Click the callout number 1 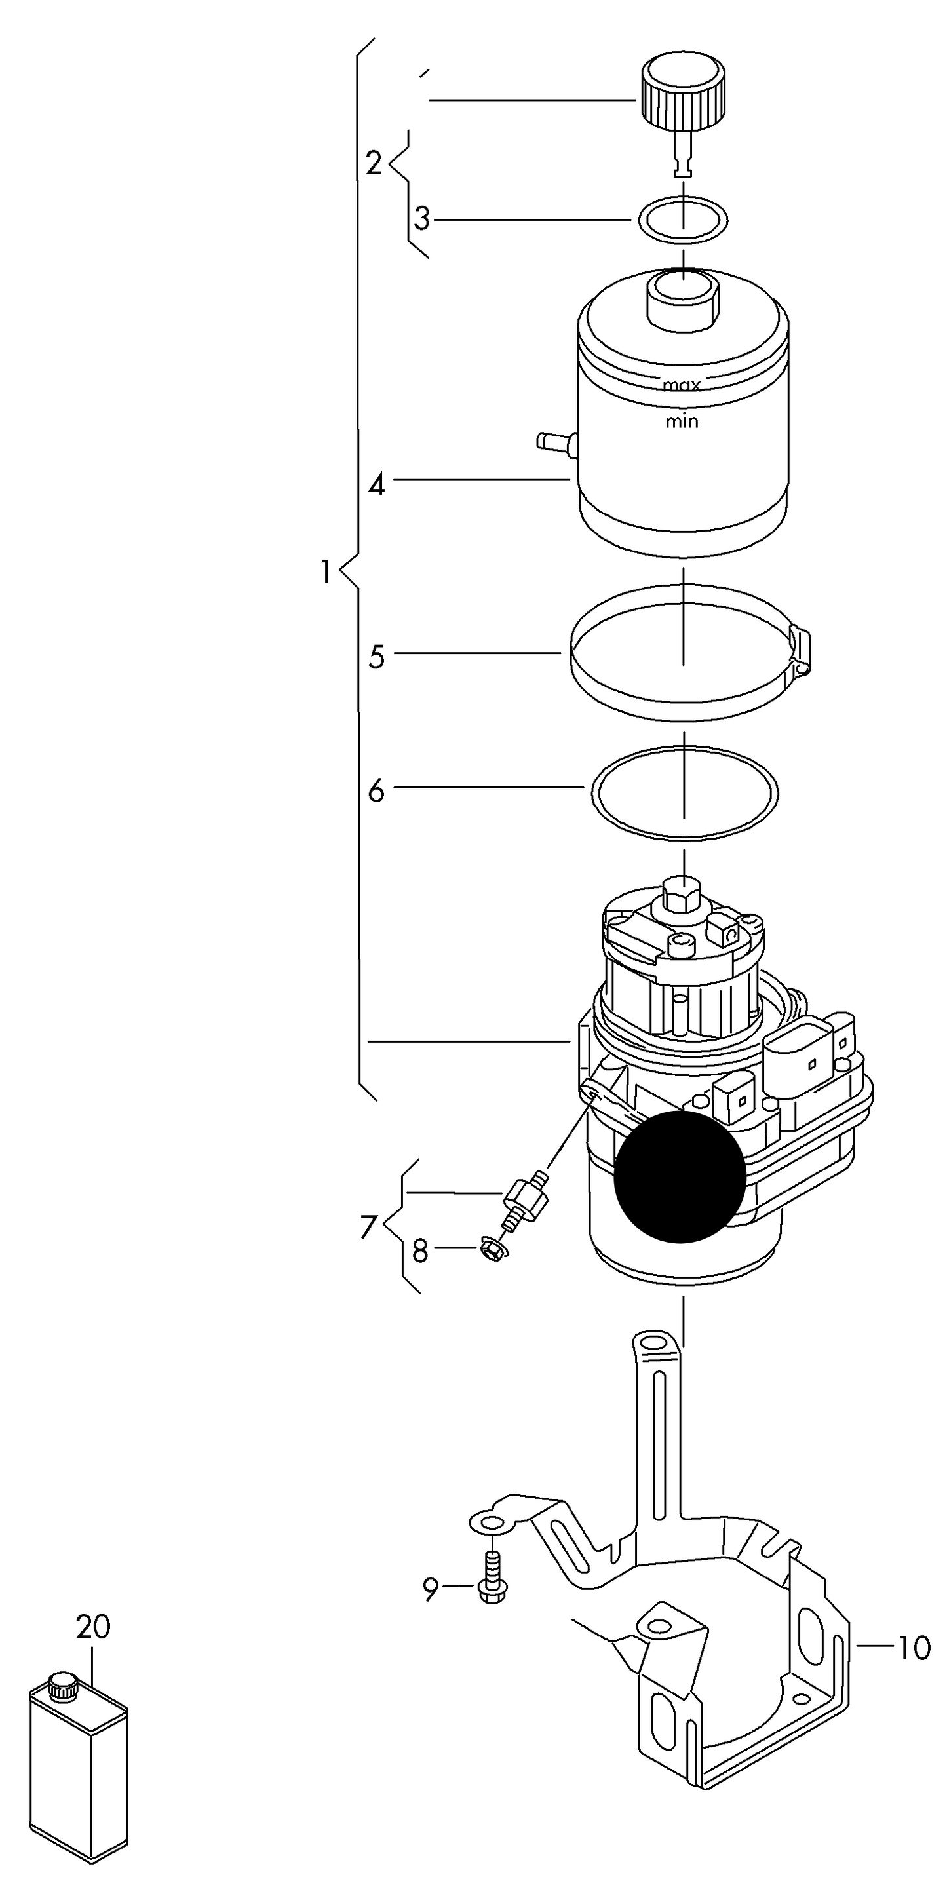[325, 572]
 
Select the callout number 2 [374, 163]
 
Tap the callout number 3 [421, 219]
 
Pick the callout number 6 [376, 791]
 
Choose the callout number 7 [369, 1226]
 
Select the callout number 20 [94, 1627]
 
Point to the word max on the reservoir [682, 385]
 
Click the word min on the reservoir [682, 422]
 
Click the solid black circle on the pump [680, 1176]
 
